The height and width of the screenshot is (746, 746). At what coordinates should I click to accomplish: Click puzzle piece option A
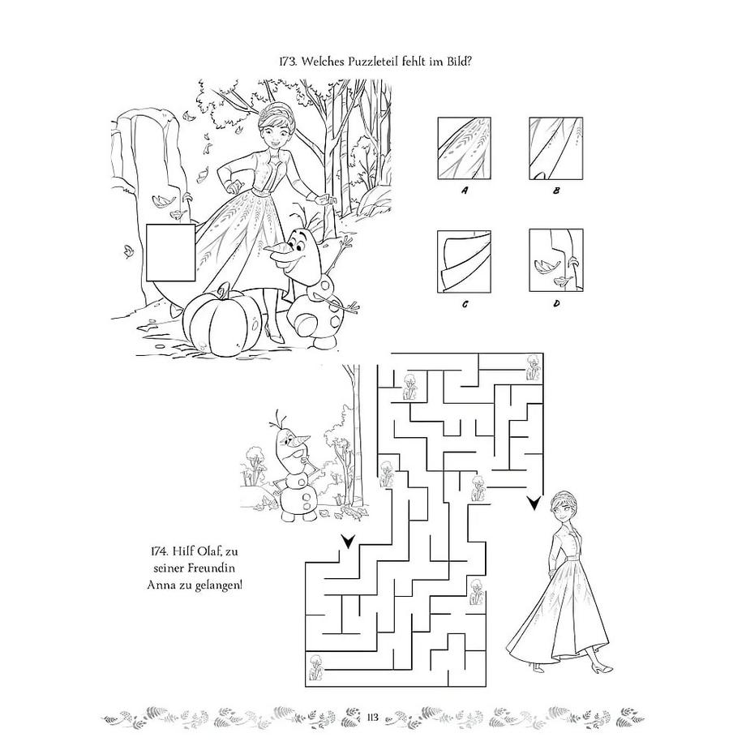[x=465, y=148]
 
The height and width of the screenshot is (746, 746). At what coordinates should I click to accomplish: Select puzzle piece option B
[x=555, y=148]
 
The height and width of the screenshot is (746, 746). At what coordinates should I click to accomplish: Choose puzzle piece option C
[x=464, y=261]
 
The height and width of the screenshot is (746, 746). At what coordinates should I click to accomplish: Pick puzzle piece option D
[x=556, y=260]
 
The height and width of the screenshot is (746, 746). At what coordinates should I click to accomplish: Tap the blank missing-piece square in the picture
[x=170, y=253]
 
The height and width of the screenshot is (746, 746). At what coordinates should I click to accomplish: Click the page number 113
[x=372, y=717]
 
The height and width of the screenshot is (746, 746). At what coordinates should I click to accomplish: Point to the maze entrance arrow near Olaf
[x=348, y=541]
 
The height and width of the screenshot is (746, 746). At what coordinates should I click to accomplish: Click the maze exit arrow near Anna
[x=534, y=503]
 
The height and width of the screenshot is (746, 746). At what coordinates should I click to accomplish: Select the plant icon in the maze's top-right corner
[x=534, y=367]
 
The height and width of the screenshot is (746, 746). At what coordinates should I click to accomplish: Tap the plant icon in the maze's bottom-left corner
[x=315, y=666]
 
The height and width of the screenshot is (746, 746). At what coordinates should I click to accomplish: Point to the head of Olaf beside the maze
[x=289, y=444]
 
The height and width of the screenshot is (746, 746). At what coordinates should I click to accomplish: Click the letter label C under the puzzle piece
[x=465, y=304]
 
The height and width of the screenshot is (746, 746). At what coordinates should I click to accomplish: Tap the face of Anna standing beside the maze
[x=564, y=508]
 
